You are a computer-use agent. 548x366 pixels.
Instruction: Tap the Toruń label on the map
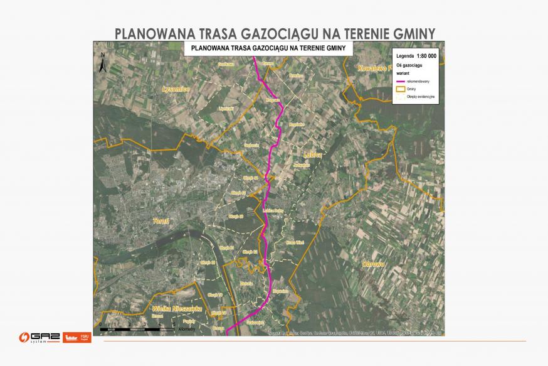(x=161, y=221)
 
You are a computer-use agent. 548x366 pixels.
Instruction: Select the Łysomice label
(x=175, y=89)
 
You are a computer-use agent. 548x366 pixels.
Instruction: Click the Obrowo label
(x=372, y=264)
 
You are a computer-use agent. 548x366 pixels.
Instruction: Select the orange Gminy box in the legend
(x=401, y=89)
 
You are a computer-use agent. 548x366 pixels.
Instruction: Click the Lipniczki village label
(x=226, y=108)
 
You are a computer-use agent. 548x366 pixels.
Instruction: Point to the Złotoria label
(x=246, y=284)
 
